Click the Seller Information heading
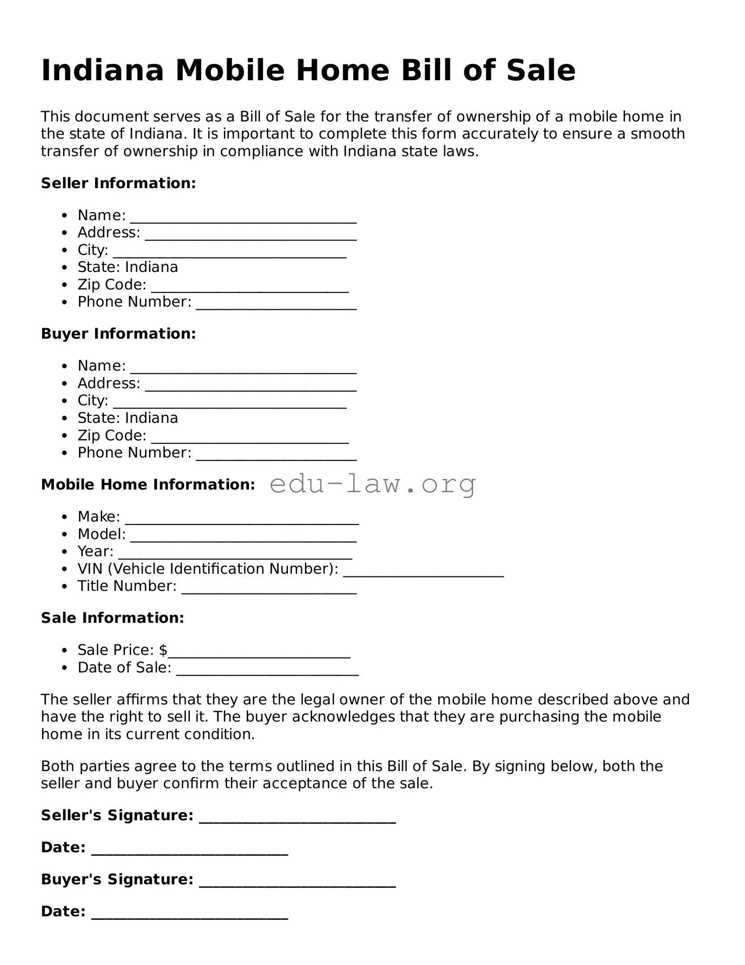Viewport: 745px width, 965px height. pos(118,183)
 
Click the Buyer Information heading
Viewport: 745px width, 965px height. pos(118,334)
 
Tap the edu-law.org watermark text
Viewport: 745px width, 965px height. pos(372,484)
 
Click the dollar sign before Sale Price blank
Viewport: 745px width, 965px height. pos(163,650)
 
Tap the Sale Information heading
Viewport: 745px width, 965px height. pos(112,618)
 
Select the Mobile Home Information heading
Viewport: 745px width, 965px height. pos(148,485)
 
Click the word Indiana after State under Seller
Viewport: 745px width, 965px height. pos(151,267)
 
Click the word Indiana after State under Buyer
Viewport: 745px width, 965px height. pos(151,418)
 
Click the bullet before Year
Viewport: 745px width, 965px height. pos(65,551)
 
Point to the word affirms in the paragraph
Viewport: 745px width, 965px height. pos(139,700)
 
